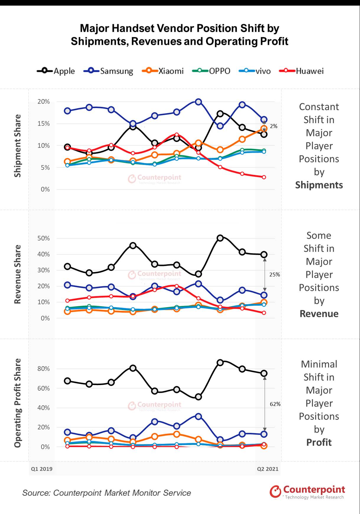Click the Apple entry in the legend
tap(56, 71)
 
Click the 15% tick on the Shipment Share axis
tap(44, 124)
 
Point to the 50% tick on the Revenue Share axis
tap(44, 238)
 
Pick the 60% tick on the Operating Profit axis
tap(44, 388)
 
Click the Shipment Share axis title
tap(18, 146)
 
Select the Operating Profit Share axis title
tap(18, 403)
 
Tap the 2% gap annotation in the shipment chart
tap(273, 126)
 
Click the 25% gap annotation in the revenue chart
tap(274, 274)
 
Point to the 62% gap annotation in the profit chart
tap(275, 404)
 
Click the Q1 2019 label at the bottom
tap(42, 469)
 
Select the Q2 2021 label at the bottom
tap(268, 469)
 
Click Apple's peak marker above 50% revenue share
tap(220, 238)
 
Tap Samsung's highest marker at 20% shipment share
tap(198, 102)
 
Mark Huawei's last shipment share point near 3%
tap(264, 177)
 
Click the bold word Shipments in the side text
tap(319, 185)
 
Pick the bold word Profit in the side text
tap(319, 442)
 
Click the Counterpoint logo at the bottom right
tap(307, 492)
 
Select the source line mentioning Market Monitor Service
tap(107, 493)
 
